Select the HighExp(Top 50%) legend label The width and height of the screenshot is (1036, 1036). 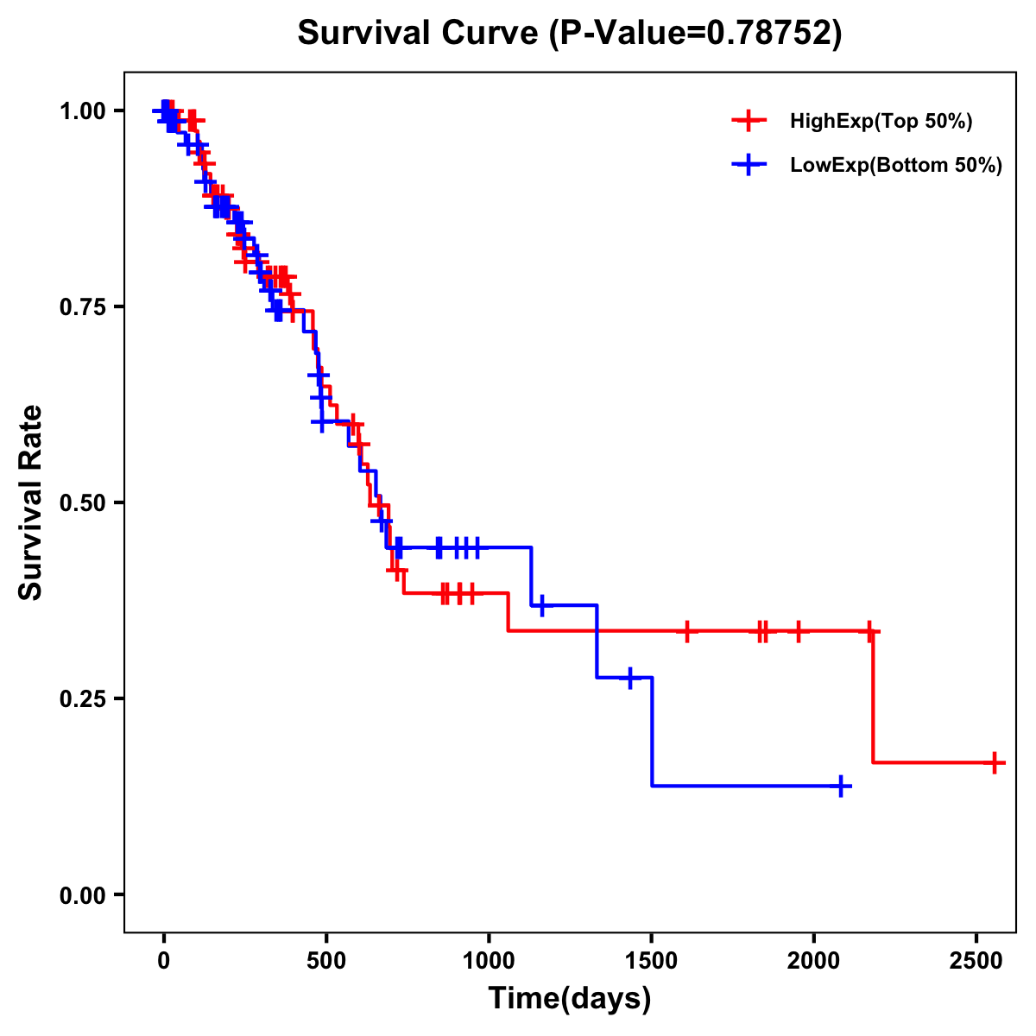pos(881,122)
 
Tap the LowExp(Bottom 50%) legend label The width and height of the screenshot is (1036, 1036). pos(896,166)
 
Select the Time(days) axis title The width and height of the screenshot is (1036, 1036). pos(570,999)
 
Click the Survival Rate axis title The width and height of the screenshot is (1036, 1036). pos(31,502)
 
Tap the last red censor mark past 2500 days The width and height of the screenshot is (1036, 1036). pos(995,763)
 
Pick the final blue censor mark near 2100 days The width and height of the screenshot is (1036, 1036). pos(841,786)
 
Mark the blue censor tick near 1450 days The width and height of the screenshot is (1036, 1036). pos(629,678)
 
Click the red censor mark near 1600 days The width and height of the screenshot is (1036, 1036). pos(686,631)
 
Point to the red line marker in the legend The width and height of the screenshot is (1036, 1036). pos(749,122)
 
